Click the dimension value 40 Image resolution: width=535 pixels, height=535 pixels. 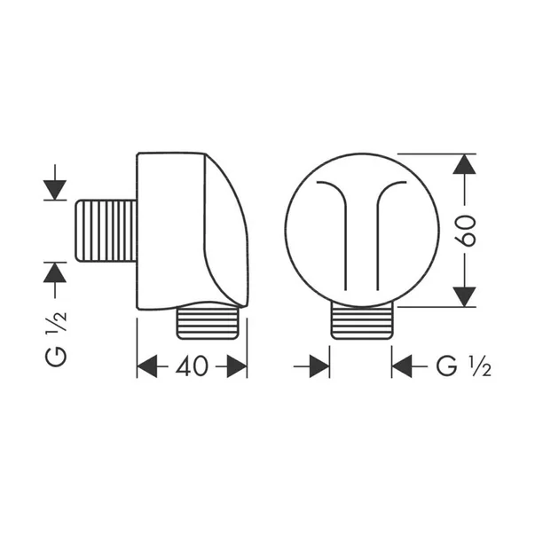191,366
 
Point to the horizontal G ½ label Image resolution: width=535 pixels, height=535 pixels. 462,366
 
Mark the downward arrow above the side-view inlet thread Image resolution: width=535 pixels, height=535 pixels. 55,187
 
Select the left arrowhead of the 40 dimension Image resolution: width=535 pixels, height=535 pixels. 147,366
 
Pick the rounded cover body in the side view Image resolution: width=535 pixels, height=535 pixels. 191,231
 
